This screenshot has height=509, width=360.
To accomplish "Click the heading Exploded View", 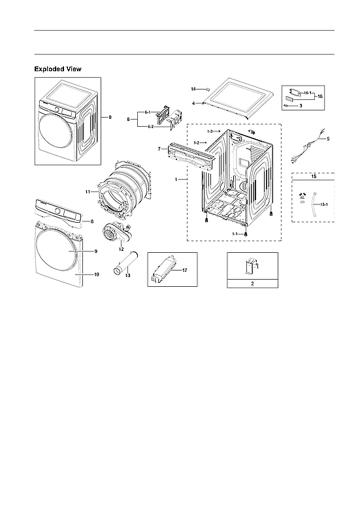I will click(x=57, y=69).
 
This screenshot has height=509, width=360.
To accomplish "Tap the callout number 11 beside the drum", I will click(x=88, y=191).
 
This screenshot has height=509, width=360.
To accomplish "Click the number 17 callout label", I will click(x=184, y=269).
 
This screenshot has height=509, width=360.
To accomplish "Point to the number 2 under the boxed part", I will click(x=253, y=283).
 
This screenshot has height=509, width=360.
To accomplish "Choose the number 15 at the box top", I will click(x=313, y=177).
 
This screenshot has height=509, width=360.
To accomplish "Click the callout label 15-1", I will click(x=324, y=205).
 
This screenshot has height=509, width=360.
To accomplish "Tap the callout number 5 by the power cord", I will click(x=328, y=139).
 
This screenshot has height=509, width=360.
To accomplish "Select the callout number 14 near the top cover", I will click(x=193, y=88).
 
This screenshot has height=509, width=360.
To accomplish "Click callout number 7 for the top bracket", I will click(x=159, y=150).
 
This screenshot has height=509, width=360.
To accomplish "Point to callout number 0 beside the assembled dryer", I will click(x=110, y=117).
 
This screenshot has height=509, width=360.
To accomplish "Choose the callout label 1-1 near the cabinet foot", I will click(x=235, y=233).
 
